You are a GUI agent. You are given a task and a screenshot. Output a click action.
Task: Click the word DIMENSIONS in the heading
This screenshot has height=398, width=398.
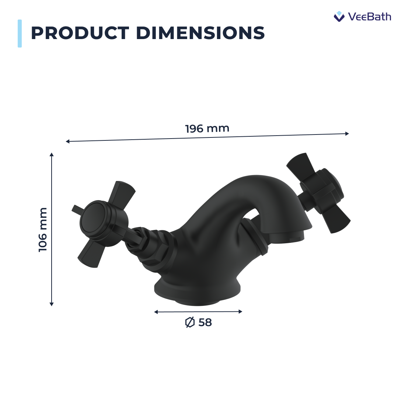(x=200, y=33)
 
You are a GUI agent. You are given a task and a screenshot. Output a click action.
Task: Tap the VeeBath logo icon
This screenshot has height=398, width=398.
(x=339, y=16)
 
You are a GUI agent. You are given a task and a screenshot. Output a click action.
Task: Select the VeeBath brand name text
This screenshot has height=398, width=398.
(x=369, y=17)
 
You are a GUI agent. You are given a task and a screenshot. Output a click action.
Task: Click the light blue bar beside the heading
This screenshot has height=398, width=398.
(x=20, y=34)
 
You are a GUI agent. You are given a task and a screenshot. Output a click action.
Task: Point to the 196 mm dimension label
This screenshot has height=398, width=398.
(x=207, y=129)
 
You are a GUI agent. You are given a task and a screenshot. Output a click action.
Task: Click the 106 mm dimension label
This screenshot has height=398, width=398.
(x=43, y=230)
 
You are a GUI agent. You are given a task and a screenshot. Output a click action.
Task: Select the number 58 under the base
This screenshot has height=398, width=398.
(x=205, y=322)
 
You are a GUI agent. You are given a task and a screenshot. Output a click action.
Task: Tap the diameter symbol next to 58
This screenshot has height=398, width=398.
(x=189, y=322)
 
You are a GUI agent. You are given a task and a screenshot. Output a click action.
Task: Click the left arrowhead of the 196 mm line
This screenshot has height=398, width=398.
(x=67, y=141)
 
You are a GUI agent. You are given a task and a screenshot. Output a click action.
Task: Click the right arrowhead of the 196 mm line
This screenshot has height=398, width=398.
(x=347, y=133)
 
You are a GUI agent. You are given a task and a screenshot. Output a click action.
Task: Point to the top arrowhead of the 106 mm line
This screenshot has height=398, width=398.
(x=52, y=154)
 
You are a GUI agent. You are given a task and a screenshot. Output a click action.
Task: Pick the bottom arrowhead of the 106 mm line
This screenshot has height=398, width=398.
(x=52, y=304)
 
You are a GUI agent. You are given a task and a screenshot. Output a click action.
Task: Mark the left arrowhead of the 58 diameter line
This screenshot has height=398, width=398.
(x=156, y=312)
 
